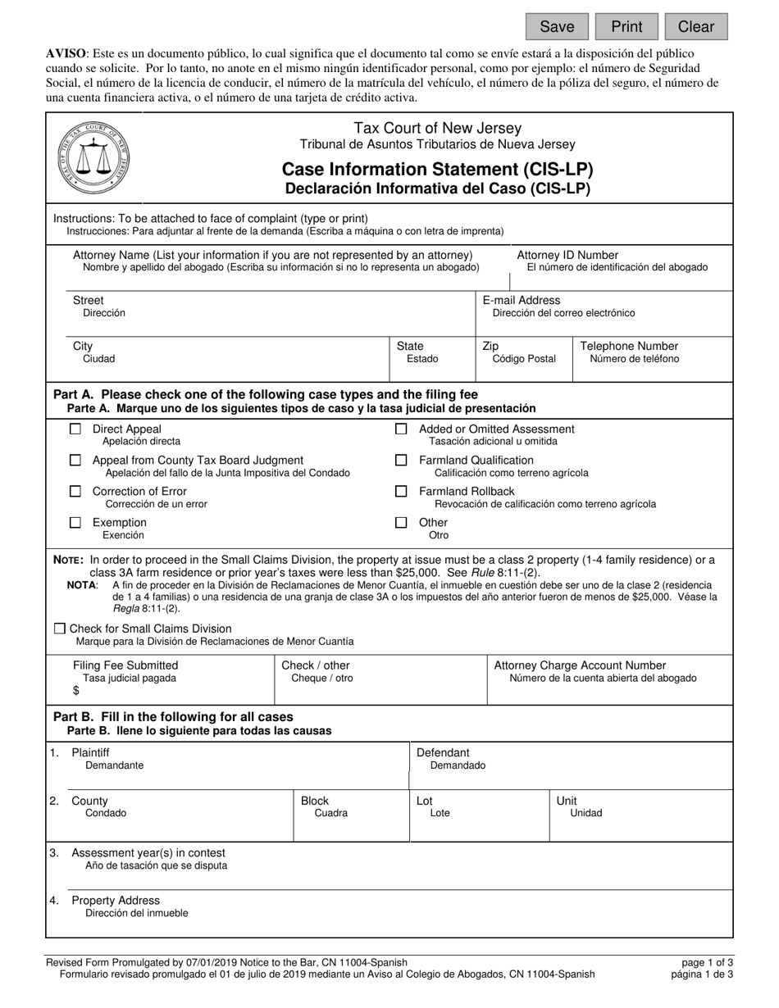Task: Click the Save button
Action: pyautogui.click(x=557, y=26)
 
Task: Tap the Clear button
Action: pyautogui.click(x=695, y=26)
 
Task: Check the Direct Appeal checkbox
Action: pyautogui.click(x=75, y=429)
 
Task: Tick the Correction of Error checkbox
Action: pyautogui.click(x=75, y=492)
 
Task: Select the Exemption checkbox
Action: pyautogui.click(x=75, y=523)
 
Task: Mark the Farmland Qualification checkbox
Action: pyautogui.click(x=401, y=461)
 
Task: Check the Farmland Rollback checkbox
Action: pyautogui.click(x=401, y=492)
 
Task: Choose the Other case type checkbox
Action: pyautogui.click(x=401, y=523)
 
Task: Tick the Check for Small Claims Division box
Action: pyautogui.click(x=60, y=629)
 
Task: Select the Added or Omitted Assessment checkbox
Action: pyautogui.click(x=401, y=429)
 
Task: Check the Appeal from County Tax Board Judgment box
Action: pyautogui.click(x=75, y=461)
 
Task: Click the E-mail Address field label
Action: pyautogui.click(x=522, y=301)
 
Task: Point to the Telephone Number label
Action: pyautogui.click(x=629, y=346)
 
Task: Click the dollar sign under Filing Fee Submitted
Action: pyautogui.click(x=76, y=691)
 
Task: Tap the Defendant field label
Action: pyautogui.click(x=443, y=752)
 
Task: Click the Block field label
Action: pyautogui.click(x=315, y=801)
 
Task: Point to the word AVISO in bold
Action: pyautogui.click(x=66, y=52)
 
